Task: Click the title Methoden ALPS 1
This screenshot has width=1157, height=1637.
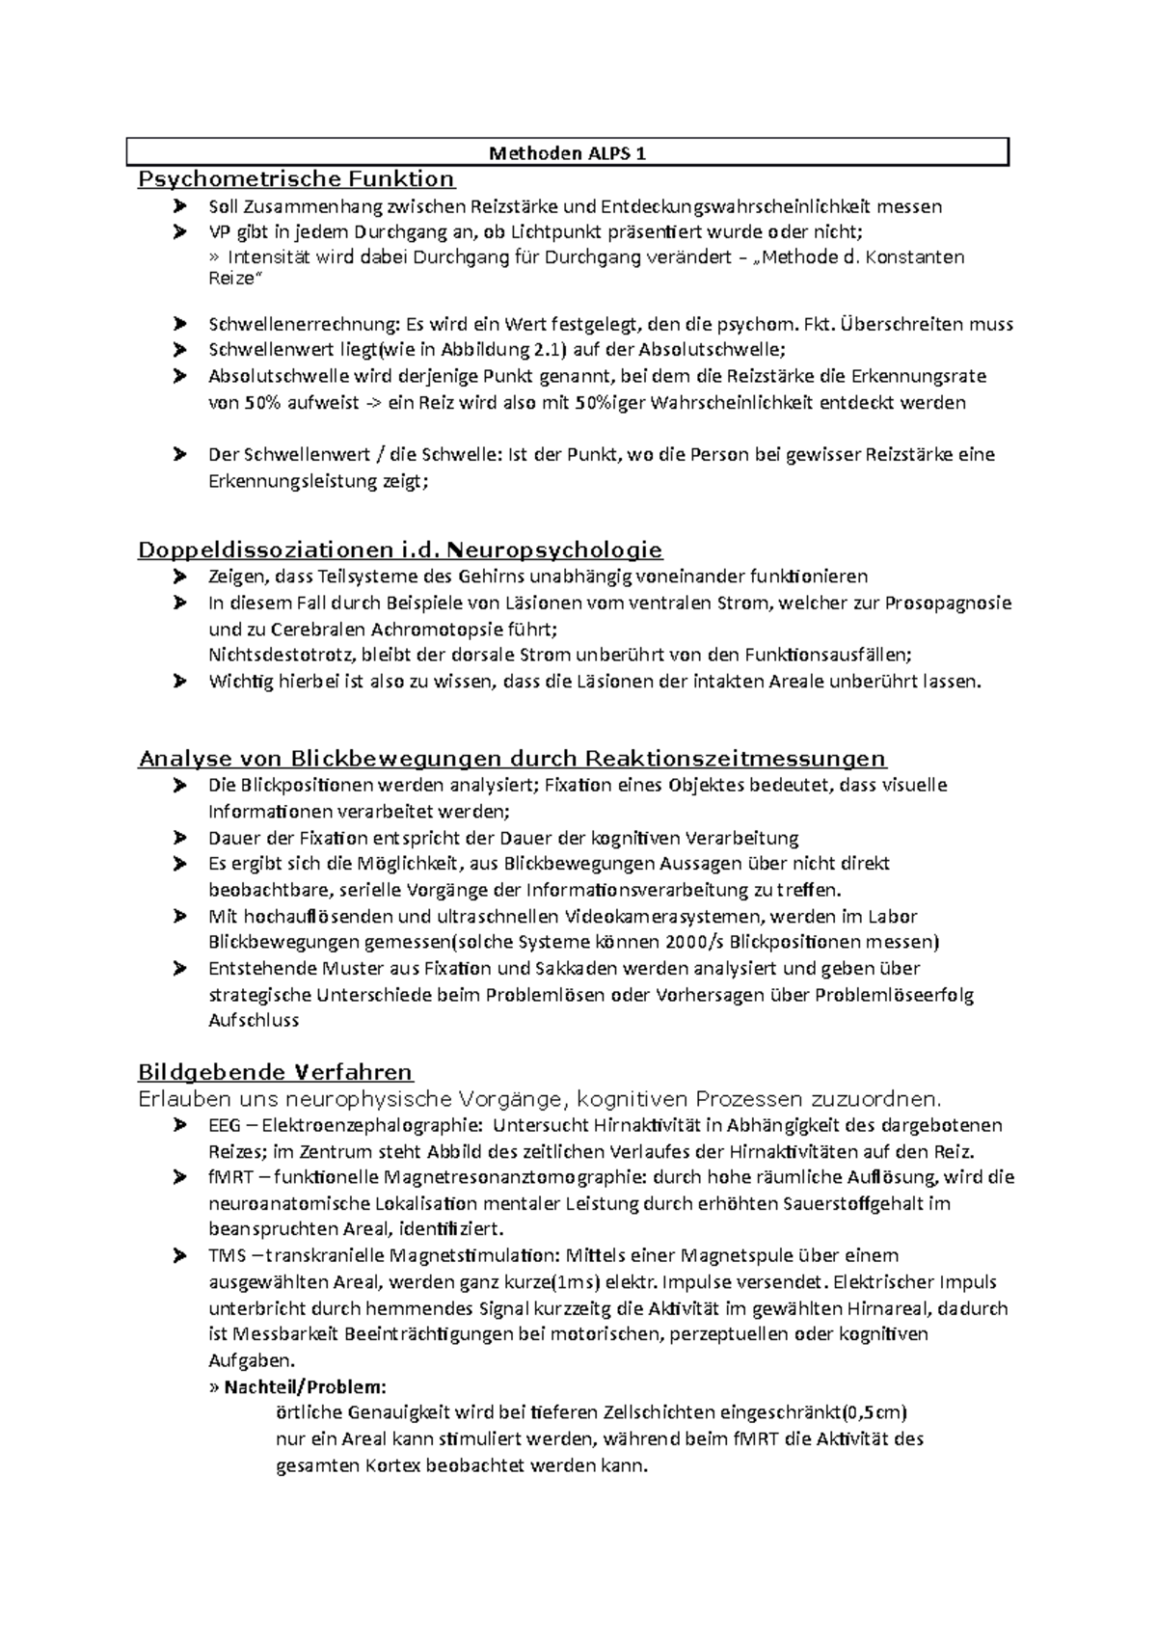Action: [x=567, y=153]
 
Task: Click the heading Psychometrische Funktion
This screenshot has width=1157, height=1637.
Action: [x=296, y=178]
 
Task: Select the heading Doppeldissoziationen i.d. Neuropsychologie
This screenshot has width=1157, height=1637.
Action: [x=400, y=550]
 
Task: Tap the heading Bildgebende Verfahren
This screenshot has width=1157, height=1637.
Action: [x=275, y=1072]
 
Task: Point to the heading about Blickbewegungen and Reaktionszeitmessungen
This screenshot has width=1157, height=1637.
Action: [x=512, y=759]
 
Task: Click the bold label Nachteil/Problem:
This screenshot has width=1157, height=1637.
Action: [x=305, y=1387]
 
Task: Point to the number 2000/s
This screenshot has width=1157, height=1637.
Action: [x=694, y=942]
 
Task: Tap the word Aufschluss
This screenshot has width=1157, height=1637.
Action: [x=254, y=1020]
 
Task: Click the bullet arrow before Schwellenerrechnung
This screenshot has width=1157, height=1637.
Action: [x=179, y=324]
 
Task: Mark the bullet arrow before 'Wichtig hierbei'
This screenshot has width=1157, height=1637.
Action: [x=179, y=682]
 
